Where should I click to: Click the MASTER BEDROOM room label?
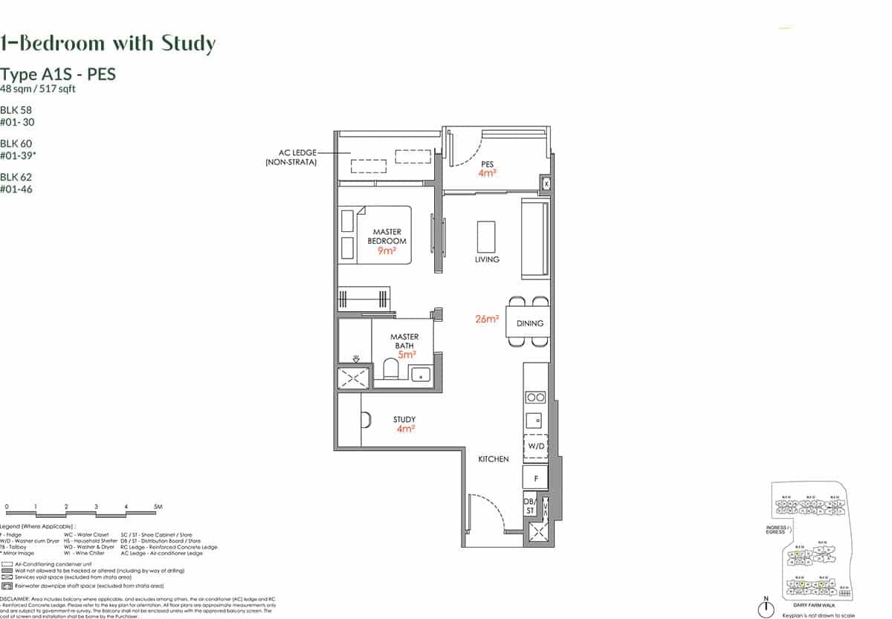[x=387, y=237]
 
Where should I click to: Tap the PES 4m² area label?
[x=488, y=168]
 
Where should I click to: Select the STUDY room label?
[x=404, y=420]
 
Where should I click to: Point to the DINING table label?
[x=530, y=323]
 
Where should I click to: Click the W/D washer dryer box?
[x=535, y=446]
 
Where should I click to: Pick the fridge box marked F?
[x=535, y=477]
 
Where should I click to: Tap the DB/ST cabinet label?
[x=530, y=506]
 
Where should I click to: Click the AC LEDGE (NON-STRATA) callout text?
[x=291, y=158]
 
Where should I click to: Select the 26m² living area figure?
[x=487, y=320]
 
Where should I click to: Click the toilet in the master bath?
[x=390, y=369]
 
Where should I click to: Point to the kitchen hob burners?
[x=535, y=397]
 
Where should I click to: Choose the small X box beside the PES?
[x=546, y=182]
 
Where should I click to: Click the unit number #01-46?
[x=17, y=189]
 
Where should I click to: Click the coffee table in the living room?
[x=485, y=236]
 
